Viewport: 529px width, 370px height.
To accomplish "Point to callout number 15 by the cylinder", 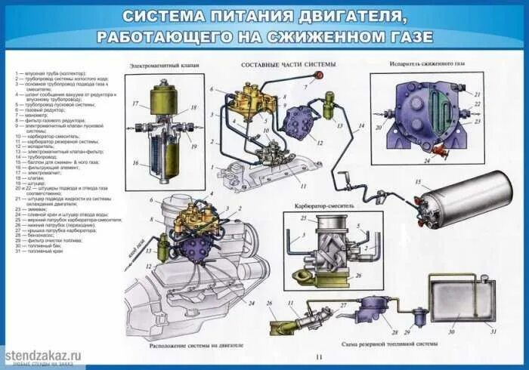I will pyautogui.click(x=417, y=182).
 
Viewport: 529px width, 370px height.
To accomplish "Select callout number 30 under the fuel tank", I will pyautogui.click(x=452, y=331).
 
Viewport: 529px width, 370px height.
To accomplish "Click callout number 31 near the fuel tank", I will pyautogui.click(x=493, y=331).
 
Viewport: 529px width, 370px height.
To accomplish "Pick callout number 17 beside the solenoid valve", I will pyautogui.click(x=135, y=103).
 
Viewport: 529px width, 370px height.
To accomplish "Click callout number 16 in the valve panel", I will pyautogui.click(x=136, y=163).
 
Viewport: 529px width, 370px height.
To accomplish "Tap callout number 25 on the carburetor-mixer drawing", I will pyautogui.click(x=303, y=219).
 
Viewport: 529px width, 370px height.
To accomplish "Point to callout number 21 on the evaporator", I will pyautogui.click(x=477, y=94).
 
